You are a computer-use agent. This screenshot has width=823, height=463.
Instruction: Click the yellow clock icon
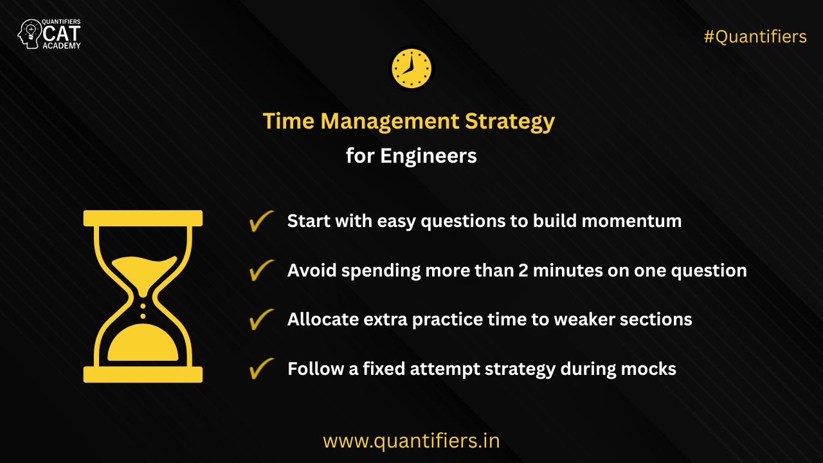tap(411, 69)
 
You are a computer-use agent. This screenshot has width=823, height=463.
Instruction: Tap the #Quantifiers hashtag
tap(755, 37)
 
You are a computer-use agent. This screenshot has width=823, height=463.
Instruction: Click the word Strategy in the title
tap(510, 122)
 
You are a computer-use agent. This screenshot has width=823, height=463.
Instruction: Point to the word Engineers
tap(428, 156)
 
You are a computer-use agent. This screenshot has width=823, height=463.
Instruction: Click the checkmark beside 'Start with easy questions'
tap(262, 221)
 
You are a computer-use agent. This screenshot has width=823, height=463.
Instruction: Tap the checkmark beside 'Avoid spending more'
tap(262, 270)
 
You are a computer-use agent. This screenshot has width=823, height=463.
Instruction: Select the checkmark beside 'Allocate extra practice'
tap(262, 319)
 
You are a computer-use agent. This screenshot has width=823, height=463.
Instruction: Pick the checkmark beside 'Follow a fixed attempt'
tap(262, 368)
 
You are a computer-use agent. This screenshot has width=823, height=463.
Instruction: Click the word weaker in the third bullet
tap(584, 319)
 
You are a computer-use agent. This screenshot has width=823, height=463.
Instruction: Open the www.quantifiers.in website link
tap(411, 441)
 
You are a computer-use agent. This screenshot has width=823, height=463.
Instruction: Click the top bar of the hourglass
tap(143, 218)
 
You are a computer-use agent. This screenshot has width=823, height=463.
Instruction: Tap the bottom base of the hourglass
tap(143, 374)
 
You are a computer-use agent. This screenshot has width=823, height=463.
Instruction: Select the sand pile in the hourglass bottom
tap(143, 342)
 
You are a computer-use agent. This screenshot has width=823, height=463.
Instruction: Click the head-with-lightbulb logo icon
tap(30, 34)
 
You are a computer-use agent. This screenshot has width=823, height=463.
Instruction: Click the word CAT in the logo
tap(61, 34)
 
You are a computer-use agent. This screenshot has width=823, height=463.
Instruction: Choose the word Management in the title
tap(390, 122)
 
